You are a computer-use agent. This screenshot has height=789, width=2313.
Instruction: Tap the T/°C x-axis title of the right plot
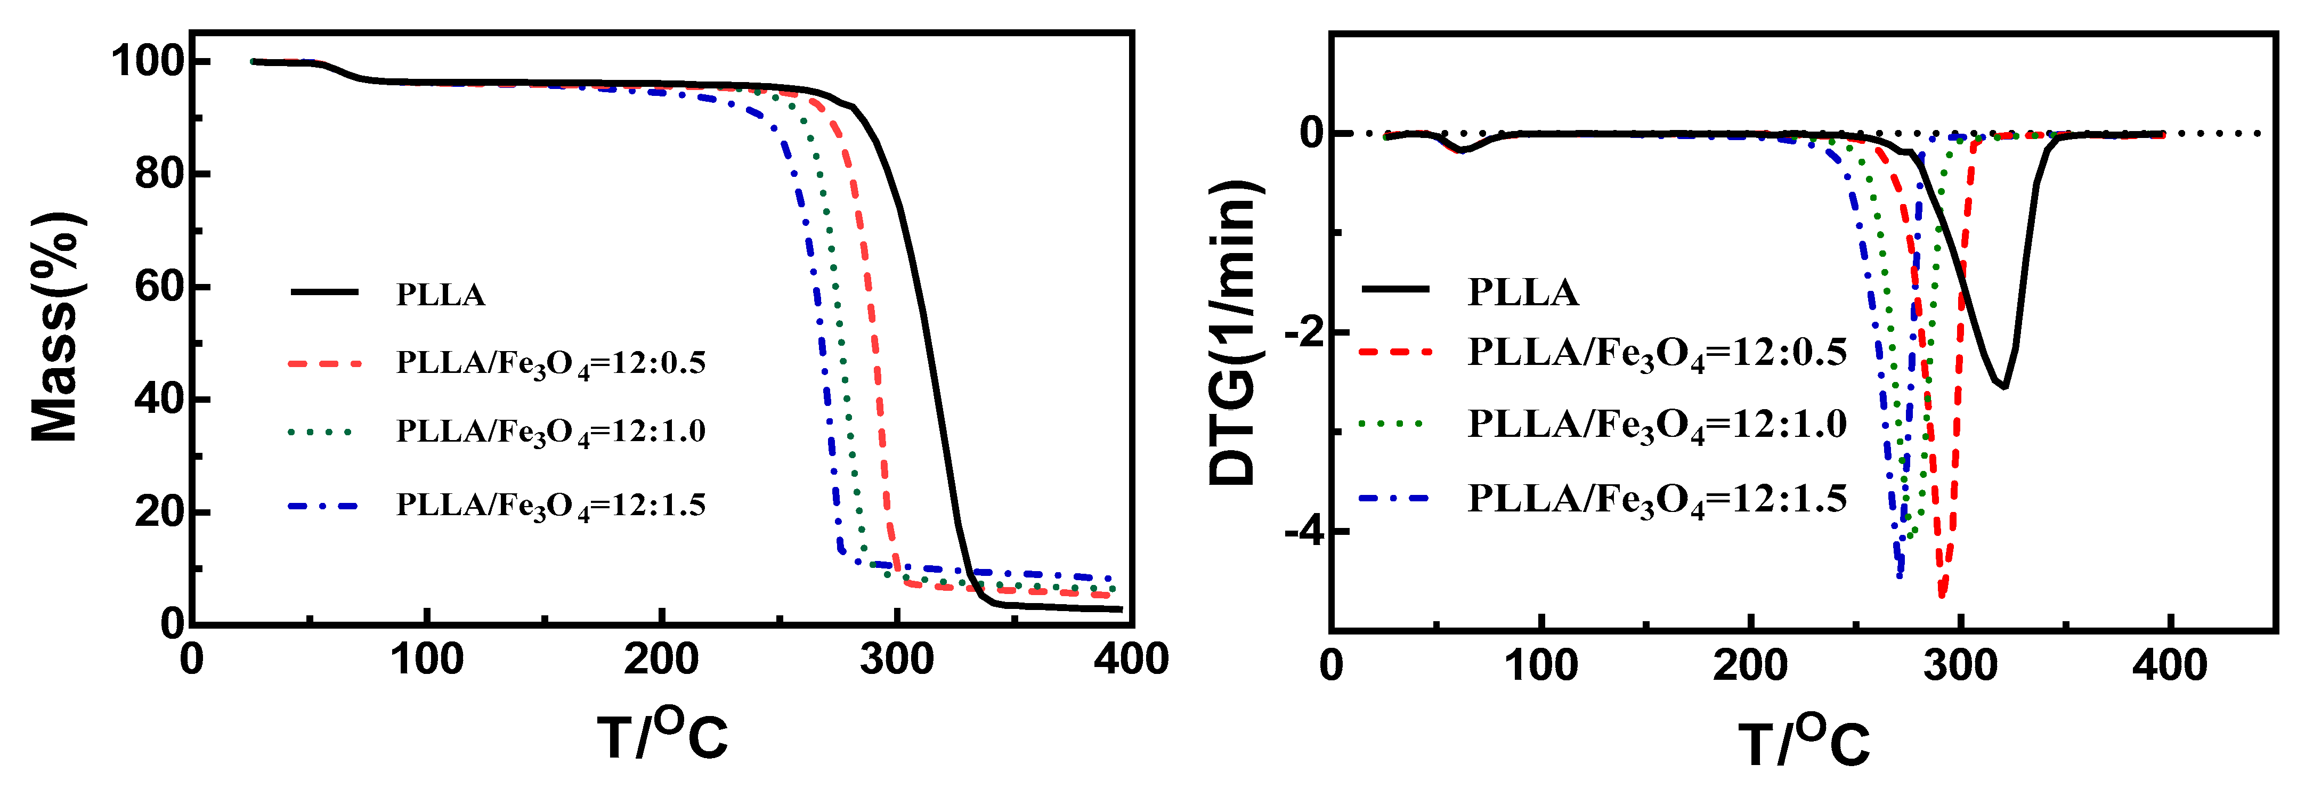(x=1803, y=743)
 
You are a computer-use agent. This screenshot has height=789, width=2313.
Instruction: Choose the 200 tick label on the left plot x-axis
(x=661, y=660)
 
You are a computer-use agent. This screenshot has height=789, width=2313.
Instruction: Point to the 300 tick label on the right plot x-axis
(x=1960, y=666)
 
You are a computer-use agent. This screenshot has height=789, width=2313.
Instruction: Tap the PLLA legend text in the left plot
(x=440, y=295)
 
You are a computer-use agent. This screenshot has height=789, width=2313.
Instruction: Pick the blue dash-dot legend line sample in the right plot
(x=1394, y=497)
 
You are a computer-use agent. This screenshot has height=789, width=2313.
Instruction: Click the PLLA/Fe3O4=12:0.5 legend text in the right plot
(x=1655, y=353)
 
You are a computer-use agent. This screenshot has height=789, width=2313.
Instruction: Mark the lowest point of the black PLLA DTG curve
(x=2004, y=386)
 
